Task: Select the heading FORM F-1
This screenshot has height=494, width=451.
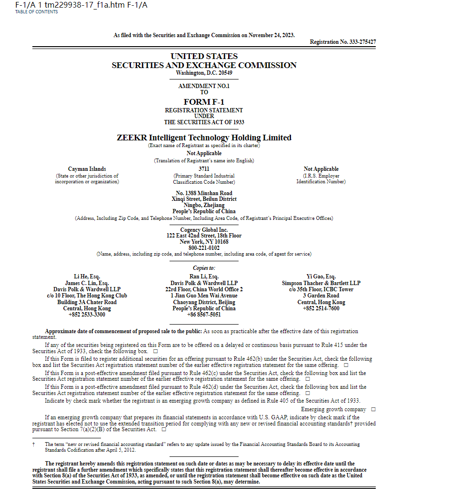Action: pyautogui.click(x=204, y=102)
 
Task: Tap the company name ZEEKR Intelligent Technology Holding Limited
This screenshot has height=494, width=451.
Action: pyautogui.click(x=204, y=138)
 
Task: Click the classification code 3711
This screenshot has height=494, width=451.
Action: pyautogui.click(x=204, y=169)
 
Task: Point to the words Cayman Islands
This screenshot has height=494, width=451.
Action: pyautogui.click(x=87, y=169)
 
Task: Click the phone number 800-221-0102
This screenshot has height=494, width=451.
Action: pyautogui.click(x=204, y=248)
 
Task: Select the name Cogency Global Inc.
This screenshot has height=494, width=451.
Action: pyautogui.click(x=204, y=230)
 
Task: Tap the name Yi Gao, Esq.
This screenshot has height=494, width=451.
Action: pyautogui.click(x=321, y=277)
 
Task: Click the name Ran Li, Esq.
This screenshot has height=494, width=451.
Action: pyautogui.click(x=204, y=277)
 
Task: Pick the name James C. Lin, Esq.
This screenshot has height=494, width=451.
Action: pyautogui.click(x=87, y=283)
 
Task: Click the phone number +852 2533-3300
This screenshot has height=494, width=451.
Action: pyautogui.click(x=87, y=315)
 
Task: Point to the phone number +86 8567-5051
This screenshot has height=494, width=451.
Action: pyautogui.click(x=204, y=315)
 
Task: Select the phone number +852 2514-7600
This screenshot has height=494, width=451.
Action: pyautogui.click(x=321, y=308)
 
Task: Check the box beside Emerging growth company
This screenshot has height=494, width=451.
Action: pyautogui.click(x=373, y=409)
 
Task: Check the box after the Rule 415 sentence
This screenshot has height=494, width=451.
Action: pyautogui.click(x=156, y=351)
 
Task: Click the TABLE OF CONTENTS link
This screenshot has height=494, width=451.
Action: pyautogui.click(x=37, y=12)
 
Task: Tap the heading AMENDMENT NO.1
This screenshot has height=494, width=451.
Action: pyautogui.click(x=204, y=86)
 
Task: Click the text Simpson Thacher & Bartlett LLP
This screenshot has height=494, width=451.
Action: pyautogui.click(x=321, y=283)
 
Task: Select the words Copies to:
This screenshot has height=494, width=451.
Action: pyautogui.click(x=204, y=268)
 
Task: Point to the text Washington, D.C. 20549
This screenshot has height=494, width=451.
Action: pyautogui.click(x=204, y=73)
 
